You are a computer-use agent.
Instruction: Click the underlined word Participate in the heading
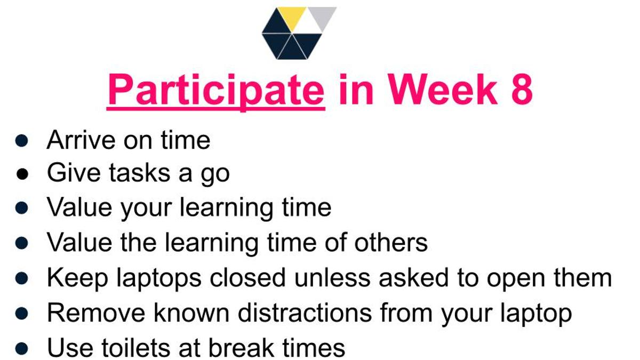point(216,91)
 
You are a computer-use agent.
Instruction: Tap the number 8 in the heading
point(522,89)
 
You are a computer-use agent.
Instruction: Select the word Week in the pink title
point(443,89)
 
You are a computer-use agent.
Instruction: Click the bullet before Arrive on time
point(22,141)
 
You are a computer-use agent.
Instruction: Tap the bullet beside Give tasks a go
point(22,174)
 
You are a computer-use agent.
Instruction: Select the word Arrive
point(81,140)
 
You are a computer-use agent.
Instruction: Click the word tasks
point(140,173)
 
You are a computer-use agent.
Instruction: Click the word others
point(391,242)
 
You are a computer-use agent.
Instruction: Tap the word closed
point(247,277)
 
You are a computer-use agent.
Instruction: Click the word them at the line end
point(583,277)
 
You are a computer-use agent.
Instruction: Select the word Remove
point(97,313)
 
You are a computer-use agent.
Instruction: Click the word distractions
point(305,313)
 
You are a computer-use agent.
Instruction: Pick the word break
point(242,348)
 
